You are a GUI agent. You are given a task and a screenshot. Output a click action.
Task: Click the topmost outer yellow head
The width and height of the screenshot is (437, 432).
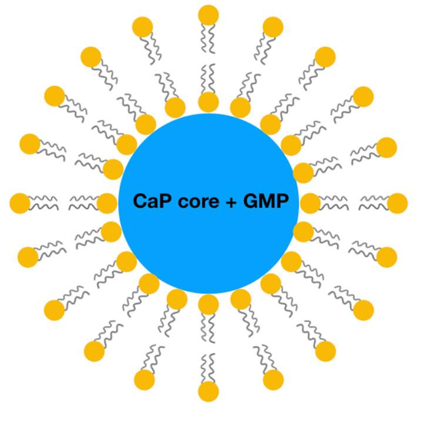click(x=209, y=15)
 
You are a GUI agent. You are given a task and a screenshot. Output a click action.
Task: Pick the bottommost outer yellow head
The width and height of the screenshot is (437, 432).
click(x=209, y=391)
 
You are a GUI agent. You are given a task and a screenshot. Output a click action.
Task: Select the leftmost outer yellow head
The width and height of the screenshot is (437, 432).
click(x=20, y=203)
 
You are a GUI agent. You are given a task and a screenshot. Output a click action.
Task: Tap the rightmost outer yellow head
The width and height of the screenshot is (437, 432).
click(x=398, y=203)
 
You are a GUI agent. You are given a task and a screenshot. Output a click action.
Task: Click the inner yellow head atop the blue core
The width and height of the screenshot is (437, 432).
click(x=209, y=102)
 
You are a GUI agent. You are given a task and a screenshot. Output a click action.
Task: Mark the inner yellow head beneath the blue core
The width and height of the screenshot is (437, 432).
click(x=209, y=304)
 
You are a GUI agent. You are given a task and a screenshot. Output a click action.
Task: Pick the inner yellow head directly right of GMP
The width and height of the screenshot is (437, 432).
click(x=310, y=203)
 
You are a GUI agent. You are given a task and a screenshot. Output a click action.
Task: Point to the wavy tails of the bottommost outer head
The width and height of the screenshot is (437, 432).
click(x=209, y=367)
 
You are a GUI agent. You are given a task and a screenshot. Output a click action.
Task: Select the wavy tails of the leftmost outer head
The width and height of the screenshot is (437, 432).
click(x=45, y=203)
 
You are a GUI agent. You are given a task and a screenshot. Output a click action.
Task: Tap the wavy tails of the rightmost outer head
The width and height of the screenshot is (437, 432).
click(x=374, y=203)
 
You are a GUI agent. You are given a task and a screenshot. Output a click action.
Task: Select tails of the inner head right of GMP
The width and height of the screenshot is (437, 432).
click(x=334, y=203)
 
